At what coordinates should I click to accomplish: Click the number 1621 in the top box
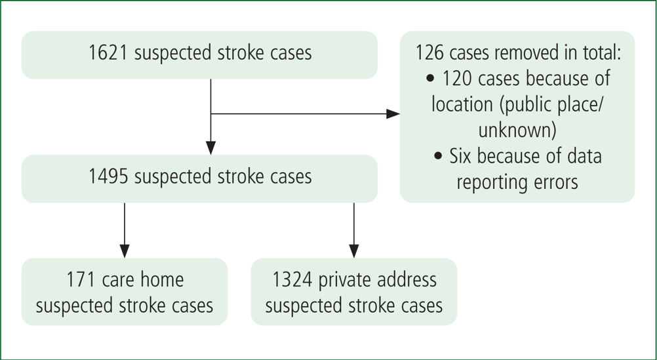109,53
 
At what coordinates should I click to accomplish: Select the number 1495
109,176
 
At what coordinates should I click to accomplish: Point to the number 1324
292,279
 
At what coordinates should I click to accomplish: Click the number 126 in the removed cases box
430,53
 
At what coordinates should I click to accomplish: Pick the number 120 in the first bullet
458,79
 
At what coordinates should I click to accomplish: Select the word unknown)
517,130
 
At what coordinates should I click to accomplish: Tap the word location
462,104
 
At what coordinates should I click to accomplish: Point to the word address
408,279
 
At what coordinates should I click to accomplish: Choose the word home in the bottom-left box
164,279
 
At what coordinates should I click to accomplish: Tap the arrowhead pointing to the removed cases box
393,113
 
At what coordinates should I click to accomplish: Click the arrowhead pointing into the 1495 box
210,148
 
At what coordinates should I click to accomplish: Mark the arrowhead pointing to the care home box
125,251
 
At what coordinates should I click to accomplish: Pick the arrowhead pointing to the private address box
354,251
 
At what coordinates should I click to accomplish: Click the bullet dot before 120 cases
431,79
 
